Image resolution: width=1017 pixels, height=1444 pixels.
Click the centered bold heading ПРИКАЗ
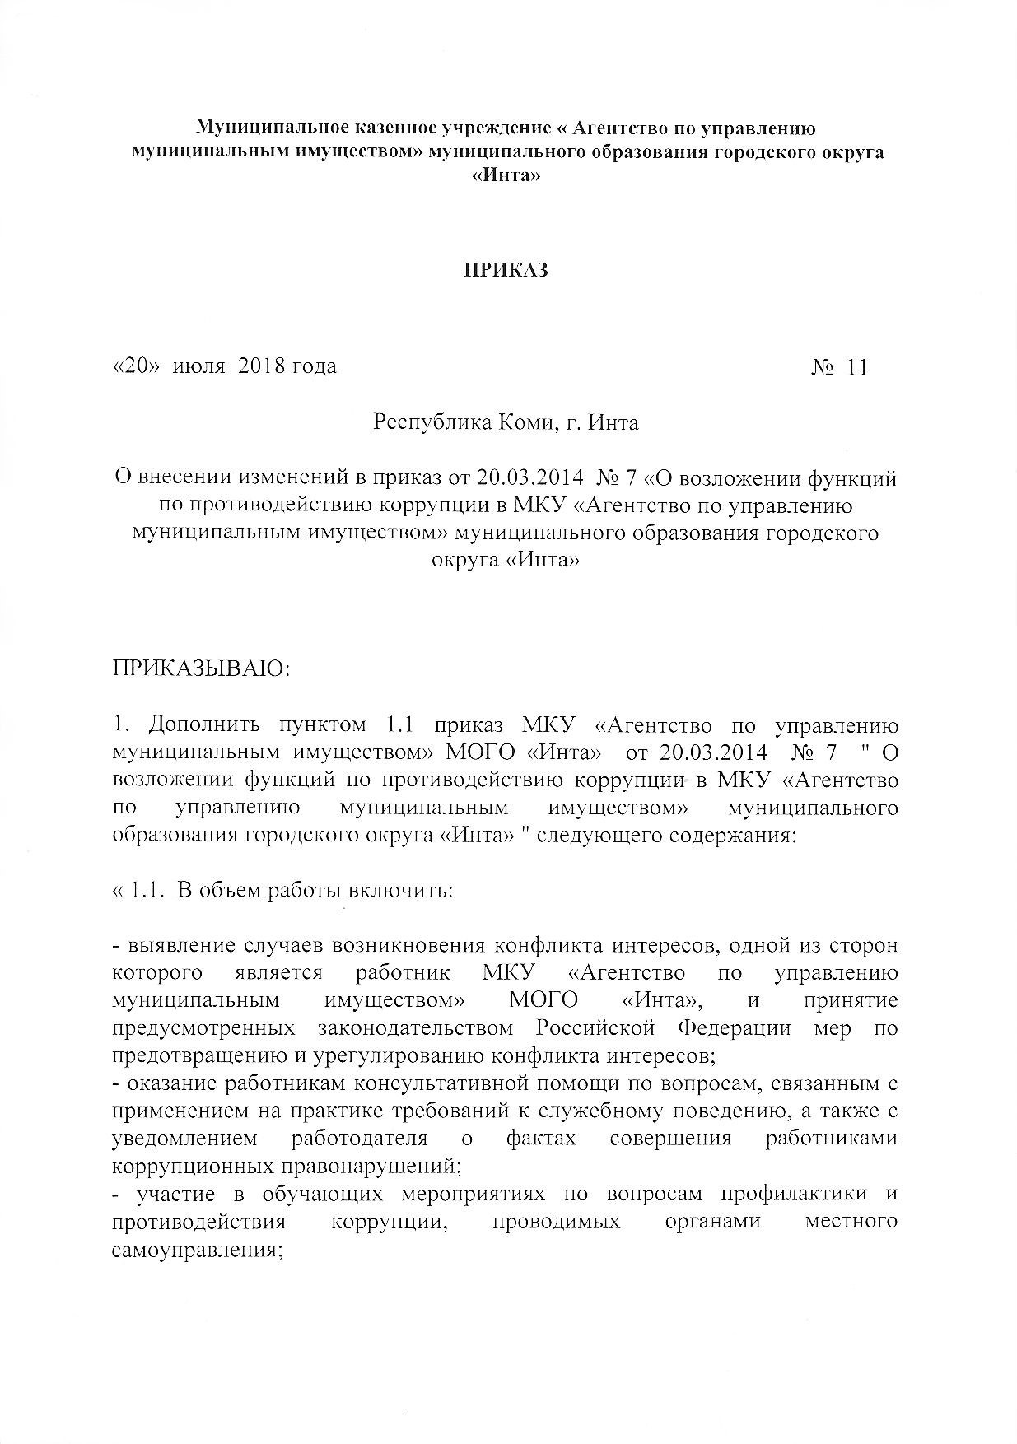click(x=508, y=271)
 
